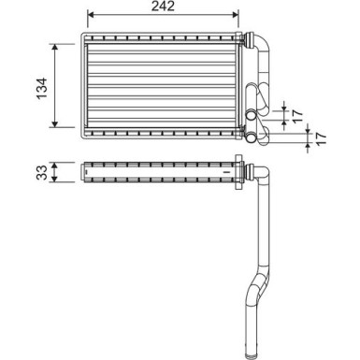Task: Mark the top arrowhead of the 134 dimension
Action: (x=59, y=45)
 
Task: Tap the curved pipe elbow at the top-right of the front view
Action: (x=263, y=47)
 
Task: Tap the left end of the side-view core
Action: (x=84, y=173)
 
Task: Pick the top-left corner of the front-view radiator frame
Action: (x=82, y=37)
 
